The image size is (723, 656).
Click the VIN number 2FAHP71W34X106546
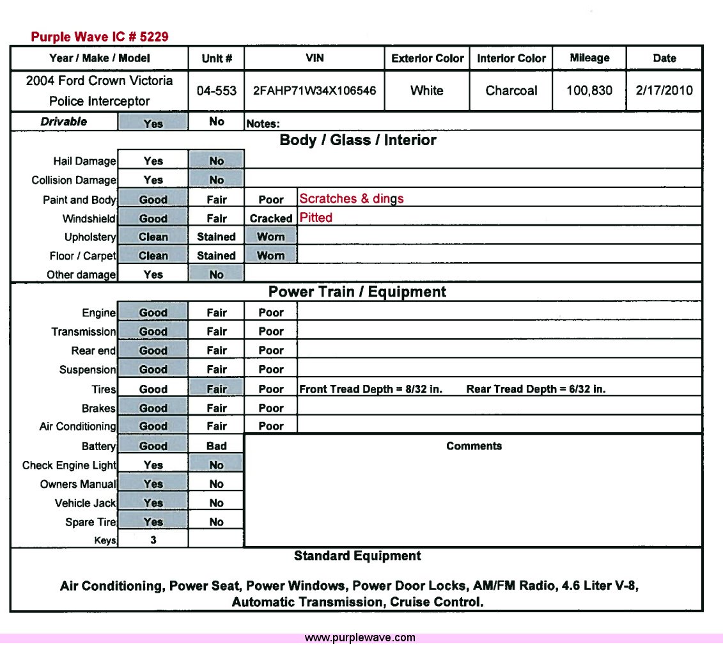315,91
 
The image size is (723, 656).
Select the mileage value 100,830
589,91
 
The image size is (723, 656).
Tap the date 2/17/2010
664,91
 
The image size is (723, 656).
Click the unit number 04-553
216,91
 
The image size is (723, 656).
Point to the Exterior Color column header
428,58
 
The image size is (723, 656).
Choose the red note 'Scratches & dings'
351,199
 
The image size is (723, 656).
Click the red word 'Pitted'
316,217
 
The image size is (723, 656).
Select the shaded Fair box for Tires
216,389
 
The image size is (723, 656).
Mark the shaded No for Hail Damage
216,161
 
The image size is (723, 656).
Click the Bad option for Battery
216,446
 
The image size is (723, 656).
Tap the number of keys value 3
153,540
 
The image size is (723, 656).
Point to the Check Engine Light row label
69,465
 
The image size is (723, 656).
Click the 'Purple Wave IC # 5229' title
100,37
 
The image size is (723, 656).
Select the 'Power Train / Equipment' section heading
357,292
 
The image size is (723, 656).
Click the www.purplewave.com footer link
360,637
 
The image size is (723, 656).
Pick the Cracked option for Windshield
270,218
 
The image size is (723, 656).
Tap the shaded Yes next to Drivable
153,123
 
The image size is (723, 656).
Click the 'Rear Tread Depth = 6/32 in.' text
536,389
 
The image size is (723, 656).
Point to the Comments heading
474,446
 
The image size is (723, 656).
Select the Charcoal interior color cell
511,91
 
